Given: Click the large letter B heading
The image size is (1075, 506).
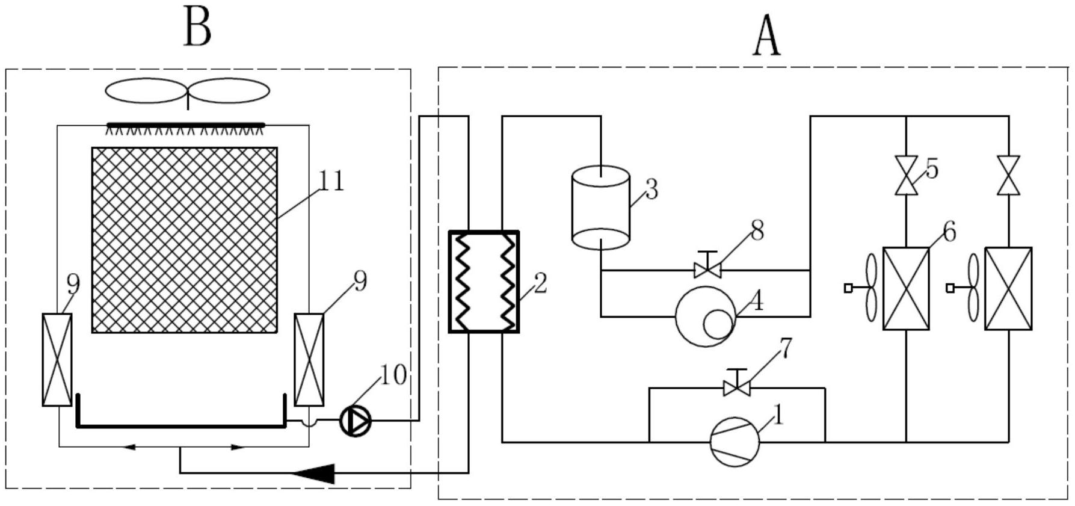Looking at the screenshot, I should coord(197,28).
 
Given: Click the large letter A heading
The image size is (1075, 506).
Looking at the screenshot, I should coord(767,35).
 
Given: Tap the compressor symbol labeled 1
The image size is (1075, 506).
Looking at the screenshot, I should coord(735,442).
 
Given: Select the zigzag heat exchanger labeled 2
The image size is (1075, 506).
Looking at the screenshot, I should coord(484,282).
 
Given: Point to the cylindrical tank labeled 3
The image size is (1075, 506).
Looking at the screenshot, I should coord(600,207).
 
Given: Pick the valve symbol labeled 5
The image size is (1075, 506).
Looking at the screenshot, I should coord(906,175).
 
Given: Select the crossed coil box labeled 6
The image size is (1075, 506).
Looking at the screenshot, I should coord(906,288).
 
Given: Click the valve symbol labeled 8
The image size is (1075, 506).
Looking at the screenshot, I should coord(707,267).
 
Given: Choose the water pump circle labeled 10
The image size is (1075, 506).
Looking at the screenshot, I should coord(356,421).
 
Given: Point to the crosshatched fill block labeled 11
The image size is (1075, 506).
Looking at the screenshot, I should coord(185,240).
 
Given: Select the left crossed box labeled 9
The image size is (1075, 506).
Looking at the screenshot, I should coord(57,359).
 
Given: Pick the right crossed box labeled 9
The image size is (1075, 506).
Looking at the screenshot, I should coord(309,359).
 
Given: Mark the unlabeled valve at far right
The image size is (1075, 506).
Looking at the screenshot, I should coord(1008,175).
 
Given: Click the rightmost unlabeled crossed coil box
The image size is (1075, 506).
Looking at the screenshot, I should coord(1008,288).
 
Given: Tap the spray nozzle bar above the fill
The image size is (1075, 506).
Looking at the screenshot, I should coord(186,125).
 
